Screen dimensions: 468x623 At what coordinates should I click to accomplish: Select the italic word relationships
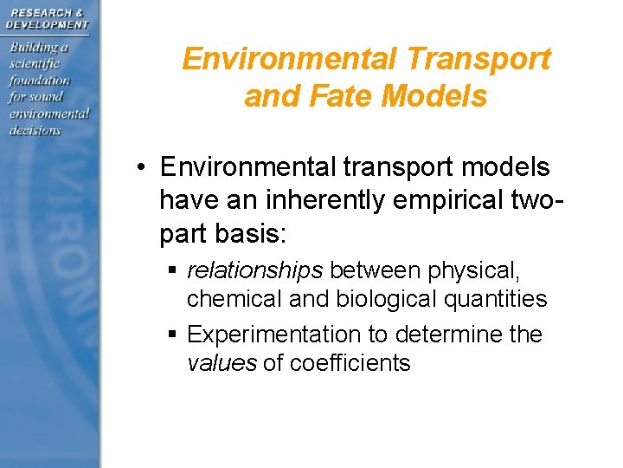coord(255,271)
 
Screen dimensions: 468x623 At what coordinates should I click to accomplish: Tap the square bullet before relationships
coord(174,272)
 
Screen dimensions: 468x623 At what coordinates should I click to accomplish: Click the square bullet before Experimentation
coord(174,335)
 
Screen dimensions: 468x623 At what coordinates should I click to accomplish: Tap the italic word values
coord(222,363)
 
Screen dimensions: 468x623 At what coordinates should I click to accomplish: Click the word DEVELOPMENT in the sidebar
coord(47,24)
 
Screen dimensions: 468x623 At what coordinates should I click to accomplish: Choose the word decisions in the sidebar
coord(35,130)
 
